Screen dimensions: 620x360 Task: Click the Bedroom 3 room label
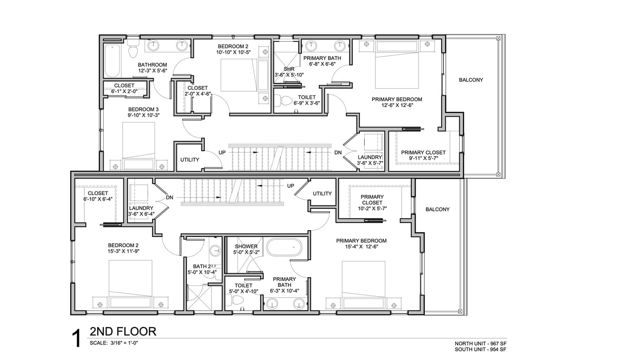143,110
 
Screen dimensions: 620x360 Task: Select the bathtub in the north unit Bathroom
112,61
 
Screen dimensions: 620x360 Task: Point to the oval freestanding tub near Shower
284,247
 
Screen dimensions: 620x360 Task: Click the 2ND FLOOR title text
123,331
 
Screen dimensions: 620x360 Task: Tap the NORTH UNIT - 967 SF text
480,344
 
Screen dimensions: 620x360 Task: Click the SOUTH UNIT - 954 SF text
480,349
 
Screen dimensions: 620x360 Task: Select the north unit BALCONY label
471,80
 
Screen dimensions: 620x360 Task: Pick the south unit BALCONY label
437,209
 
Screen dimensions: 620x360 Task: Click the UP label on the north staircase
222,153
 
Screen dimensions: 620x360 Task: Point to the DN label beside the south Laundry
170,198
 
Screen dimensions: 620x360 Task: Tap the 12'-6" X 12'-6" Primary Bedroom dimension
397,105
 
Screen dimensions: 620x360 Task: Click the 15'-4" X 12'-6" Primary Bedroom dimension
361,247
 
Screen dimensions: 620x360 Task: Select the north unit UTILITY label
189,160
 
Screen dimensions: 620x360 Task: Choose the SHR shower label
289,69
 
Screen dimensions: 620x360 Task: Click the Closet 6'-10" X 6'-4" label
98,196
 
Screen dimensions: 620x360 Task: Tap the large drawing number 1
77,338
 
